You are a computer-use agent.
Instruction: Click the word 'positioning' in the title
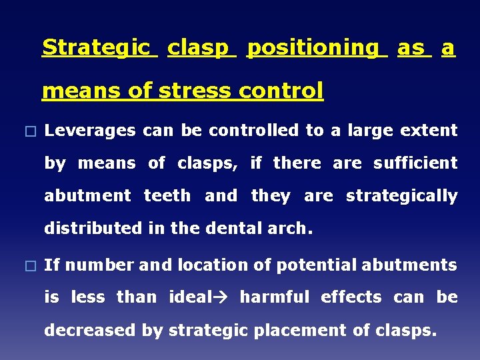(x=316, y=48)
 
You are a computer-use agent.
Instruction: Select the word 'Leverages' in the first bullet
(x=91, y=131)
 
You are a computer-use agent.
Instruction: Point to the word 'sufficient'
(x=415, y=163)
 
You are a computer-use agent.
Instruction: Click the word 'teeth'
(x=167, y=197)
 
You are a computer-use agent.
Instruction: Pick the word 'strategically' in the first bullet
(x=401, y=197)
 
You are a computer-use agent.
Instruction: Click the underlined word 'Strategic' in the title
(x=99, y=48)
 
